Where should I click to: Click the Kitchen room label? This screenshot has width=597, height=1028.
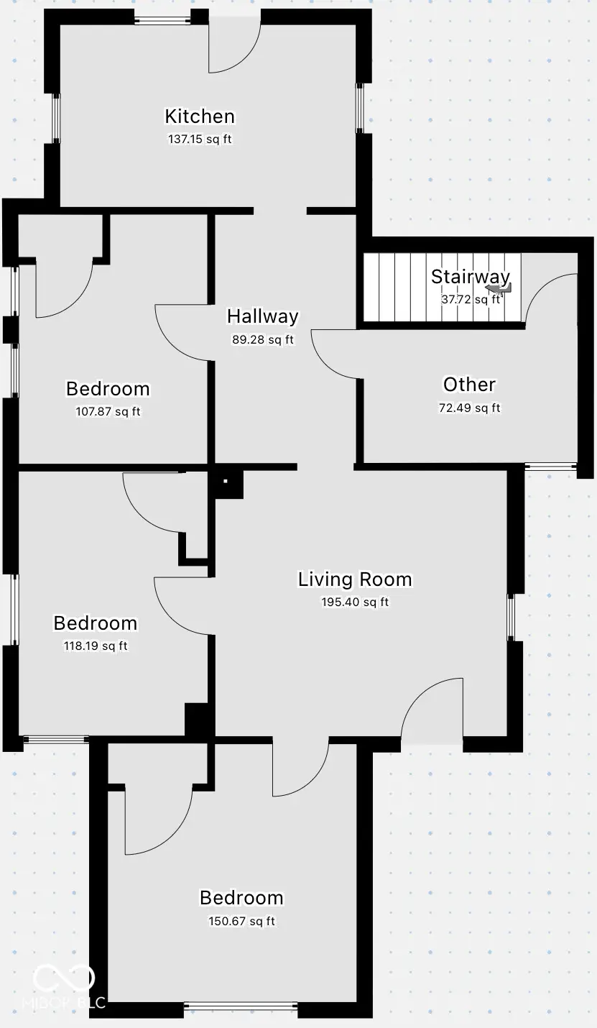point(200,116)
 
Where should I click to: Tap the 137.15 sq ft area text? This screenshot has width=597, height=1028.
point(200,139)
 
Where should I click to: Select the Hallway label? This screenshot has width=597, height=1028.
point(262,316)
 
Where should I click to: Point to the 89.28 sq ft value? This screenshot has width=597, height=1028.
point(262,339)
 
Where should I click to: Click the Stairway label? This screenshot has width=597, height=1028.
point(470,276)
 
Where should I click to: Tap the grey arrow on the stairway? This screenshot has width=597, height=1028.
point(498,289)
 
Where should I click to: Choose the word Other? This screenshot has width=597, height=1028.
point(469,385)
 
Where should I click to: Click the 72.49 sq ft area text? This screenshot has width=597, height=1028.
point(469,408)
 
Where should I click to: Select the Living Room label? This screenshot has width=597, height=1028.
point(355,579)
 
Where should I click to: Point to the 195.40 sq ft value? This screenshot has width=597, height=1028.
point(355,602)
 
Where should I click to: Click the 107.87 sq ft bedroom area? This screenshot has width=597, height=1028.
point(108,412)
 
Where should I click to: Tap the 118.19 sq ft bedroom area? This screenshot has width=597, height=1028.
point(96,646)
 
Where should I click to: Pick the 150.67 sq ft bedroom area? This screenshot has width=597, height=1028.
point(241,921)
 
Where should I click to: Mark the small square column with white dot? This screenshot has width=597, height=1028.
point(225,481)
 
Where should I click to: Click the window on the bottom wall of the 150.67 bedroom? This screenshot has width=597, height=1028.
point(241,1006)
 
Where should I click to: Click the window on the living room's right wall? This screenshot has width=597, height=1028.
point(511,617)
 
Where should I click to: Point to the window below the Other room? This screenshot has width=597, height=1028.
point(551,467)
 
